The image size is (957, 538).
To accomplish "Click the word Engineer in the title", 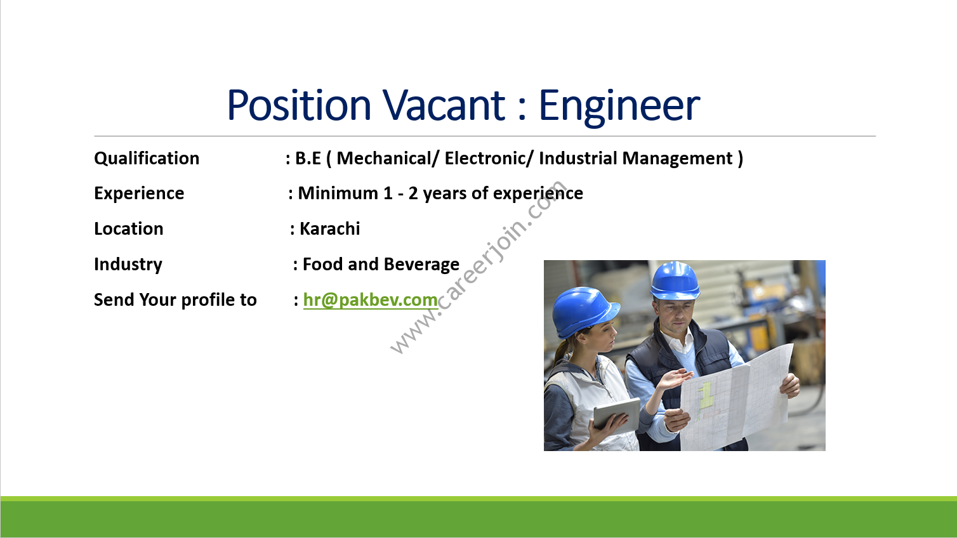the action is (619, 106).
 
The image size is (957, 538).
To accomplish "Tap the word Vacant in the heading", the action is (444, 105).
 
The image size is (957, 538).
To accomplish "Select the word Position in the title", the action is (299, 105).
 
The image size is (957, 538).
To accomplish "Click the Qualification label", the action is (147, 159).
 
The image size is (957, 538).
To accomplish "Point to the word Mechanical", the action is (384, 159).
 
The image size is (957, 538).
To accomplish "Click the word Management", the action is (678, 159).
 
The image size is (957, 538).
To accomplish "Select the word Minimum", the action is (338, 193).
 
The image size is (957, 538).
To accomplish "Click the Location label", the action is (129, 229).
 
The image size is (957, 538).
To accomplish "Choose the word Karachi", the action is (330, 229).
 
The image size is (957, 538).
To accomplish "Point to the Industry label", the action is (128, 265).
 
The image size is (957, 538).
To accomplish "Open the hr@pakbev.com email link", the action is (371, 300).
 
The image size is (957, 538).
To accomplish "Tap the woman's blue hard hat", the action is (584, 312).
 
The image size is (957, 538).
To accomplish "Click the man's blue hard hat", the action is (675, 280).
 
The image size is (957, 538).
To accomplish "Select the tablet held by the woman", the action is (617, 412).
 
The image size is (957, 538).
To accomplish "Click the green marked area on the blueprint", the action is (705, 395).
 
